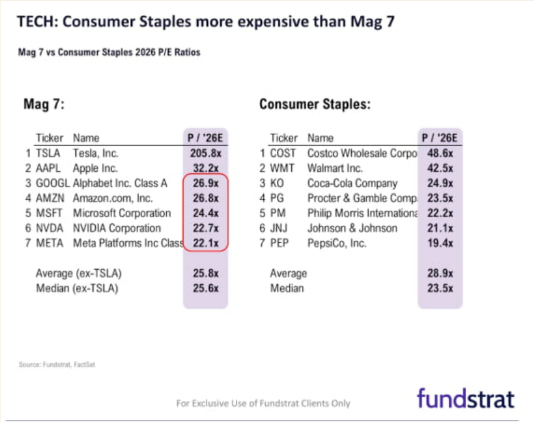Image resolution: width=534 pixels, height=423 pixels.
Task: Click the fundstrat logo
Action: click(x=466, y=398)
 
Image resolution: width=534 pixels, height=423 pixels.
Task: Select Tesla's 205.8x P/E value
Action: click(x=205, y=153)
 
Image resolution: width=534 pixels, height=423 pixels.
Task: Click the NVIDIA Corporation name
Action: click(x=116, y=228)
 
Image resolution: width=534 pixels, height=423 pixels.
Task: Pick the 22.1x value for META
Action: click(x=205, y=243)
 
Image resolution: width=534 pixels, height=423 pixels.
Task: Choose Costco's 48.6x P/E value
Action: click(x=439, y=153)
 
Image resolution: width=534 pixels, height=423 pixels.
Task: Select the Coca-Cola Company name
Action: click(x=352, y=184)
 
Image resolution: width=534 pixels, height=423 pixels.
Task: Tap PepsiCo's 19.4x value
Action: click(x=439, y=243)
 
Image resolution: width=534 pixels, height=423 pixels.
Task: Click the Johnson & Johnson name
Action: click(x=352, y=228)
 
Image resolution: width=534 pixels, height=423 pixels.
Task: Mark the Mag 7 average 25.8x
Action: click(x=205, y=273)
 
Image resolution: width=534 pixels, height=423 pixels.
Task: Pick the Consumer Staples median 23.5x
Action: click(x=439, y=288)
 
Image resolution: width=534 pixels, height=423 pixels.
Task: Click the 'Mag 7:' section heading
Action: click(x=44, y=104)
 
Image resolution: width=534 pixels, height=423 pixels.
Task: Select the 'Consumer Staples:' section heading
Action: click(x=314, y=104)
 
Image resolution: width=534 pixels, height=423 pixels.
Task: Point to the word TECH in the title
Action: click(x=36, y=23)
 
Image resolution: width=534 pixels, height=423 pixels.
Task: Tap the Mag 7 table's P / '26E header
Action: click(x=205, y=138)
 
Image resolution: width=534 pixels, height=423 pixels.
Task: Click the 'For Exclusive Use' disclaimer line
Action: click(x=263, y=403)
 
